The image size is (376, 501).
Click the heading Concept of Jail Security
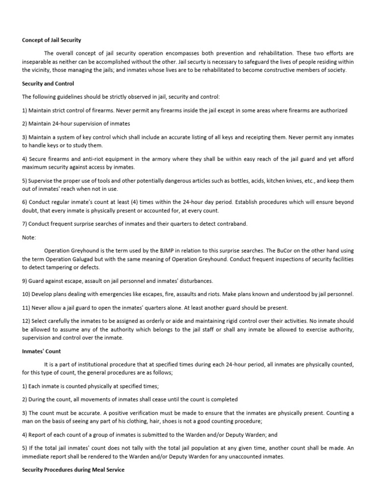pyautogui.click(x=51, y=40)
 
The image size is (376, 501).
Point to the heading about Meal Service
pyautogui.click(x=73, y=470)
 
